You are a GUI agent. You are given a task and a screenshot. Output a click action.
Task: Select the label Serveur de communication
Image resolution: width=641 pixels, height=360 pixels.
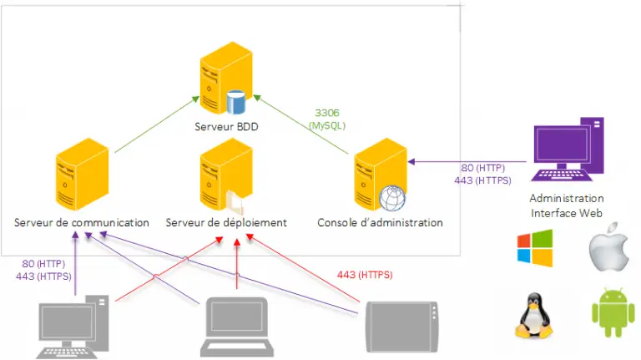82,223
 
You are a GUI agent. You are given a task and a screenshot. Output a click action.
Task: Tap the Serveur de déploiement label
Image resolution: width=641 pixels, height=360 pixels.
226,223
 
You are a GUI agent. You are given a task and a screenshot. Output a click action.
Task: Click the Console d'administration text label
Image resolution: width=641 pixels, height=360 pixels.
380,223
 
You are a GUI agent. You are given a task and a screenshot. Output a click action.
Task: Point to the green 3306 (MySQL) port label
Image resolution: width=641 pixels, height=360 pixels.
327,119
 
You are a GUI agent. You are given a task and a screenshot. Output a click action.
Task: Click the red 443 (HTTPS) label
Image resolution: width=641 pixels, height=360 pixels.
365,275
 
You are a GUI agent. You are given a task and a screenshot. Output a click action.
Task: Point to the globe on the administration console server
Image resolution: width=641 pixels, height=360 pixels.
391,197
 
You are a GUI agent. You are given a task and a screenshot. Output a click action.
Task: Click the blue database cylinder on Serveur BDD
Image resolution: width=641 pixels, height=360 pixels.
235,102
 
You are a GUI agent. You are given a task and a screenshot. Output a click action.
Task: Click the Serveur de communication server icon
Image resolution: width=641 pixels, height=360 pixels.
82,175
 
